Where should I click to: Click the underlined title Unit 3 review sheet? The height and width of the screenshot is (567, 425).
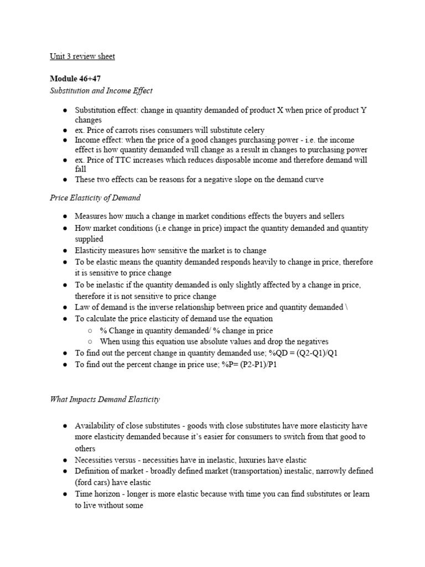tap(82, 56)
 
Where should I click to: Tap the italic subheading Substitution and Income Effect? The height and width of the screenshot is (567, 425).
tap(101, 90)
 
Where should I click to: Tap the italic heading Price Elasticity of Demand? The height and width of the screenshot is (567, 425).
tap(95, 198)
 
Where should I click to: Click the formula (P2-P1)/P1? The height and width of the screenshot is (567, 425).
tap(256, 365)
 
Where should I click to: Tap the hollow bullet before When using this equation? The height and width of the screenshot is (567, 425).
tap(89, 342)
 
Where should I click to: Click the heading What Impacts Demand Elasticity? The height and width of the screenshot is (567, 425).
tap(105, 399)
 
